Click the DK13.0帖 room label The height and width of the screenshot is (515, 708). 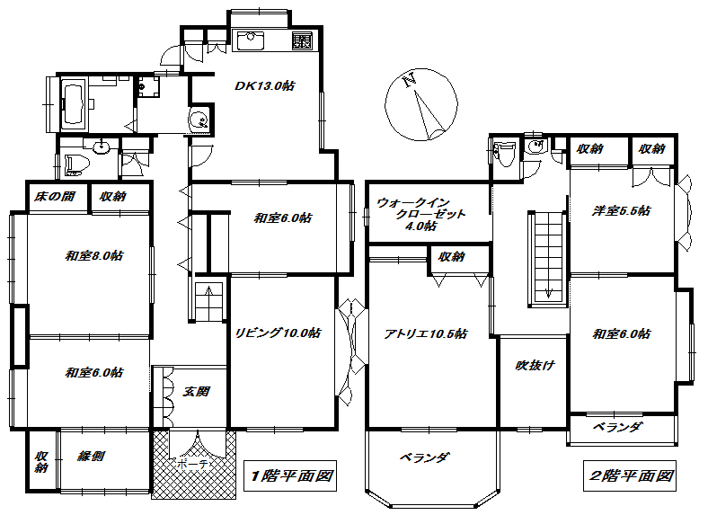pyautogui.click(x=266, y=86)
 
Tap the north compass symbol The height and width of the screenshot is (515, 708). pyautogui.click(x=420, y=105)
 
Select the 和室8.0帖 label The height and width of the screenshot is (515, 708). pyautogui.click(x=93, y=255)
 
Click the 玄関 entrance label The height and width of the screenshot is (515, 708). pyautogui.click(x=196, y=392)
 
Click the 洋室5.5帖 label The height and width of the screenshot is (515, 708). pyautogui.click(x=621, y=211)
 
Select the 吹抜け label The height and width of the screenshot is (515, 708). pyautogui.click(x=533, y=365)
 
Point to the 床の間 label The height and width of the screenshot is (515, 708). pyautogui.click(x=55, y=196)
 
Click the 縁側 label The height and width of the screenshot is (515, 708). pyautogui.click(x=92, y=456)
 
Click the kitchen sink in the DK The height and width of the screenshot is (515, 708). pyautogui.click(x=248, y=40)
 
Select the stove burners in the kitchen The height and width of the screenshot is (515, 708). pyautogui.click(x=302, y=40)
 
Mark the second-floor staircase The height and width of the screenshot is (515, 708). pyautogui.click(x=547, y=255)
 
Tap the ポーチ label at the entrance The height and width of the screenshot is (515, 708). pyautogui.click(x=191, y=465)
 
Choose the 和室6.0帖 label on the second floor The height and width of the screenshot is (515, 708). pyautogui.click(x=621, y=334)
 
